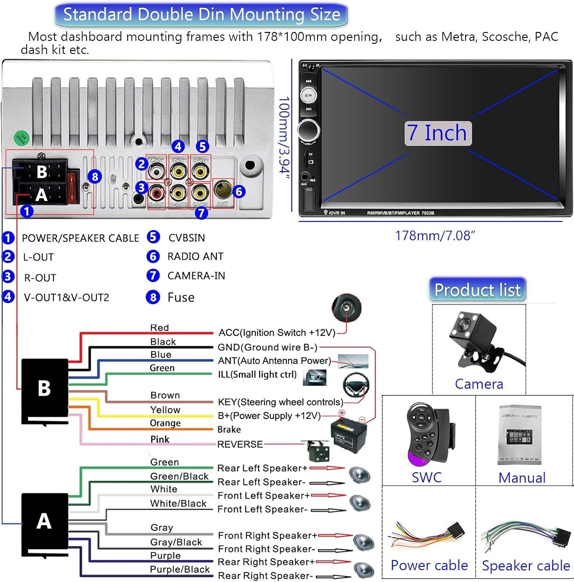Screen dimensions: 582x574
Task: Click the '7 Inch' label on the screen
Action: pos(438,133)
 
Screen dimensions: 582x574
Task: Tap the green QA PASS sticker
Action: pos(21,138)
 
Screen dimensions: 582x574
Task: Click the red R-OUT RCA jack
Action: pos(157,192)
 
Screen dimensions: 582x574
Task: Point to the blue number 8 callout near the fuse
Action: pos(95,177)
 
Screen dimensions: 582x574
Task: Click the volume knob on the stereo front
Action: pos(309,129)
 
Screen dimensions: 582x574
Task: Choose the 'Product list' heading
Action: pos(477,290)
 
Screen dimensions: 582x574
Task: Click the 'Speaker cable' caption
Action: pos(526,566)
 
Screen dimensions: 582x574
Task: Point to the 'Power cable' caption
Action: pos(429,565)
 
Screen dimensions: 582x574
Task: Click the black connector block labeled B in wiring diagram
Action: pos(45,390)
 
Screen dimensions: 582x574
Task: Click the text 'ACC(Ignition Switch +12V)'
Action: pos(277,333)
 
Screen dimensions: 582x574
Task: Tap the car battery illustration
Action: pos(348,435)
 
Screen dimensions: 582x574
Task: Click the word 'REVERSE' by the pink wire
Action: pos(240,444)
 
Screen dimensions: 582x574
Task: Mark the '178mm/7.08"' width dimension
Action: pos(435,236)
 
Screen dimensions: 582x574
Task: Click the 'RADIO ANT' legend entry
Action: pos(195,256)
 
